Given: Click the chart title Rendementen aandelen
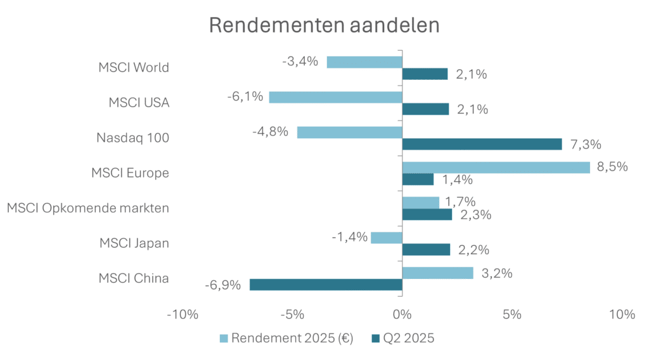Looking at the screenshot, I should pos(324,26).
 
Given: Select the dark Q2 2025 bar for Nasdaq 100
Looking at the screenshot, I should pos(482,144).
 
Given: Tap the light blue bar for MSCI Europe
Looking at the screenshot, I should pos(496,167).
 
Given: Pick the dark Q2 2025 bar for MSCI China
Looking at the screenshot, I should pos(326,285).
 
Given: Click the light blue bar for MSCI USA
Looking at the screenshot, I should pos(335,97).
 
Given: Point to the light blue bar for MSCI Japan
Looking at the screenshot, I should pos(387,238).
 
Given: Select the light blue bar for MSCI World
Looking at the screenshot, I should pos(364,62).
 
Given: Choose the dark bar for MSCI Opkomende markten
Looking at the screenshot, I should pos(427,214).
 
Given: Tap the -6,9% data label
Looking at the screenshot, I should pos(222,285).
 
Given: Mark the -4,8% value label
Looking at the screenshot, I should pos(271,132).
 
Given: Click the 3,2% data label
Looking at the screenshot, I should pos(497,273).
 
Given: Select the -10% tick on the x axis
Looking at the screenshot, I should pos(183,315).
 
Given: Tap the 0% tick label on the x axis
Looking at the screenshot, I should pos(402,315).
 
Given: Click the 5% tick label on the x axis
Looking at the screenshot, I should pos(512,315).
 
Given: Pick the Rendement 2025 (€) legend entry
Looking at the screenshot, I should pos(287,338).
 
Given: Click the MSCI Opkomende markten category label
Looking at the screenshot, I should pos(88,207).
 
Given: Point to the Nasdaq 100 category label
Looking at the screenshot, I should pos(132,137).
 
